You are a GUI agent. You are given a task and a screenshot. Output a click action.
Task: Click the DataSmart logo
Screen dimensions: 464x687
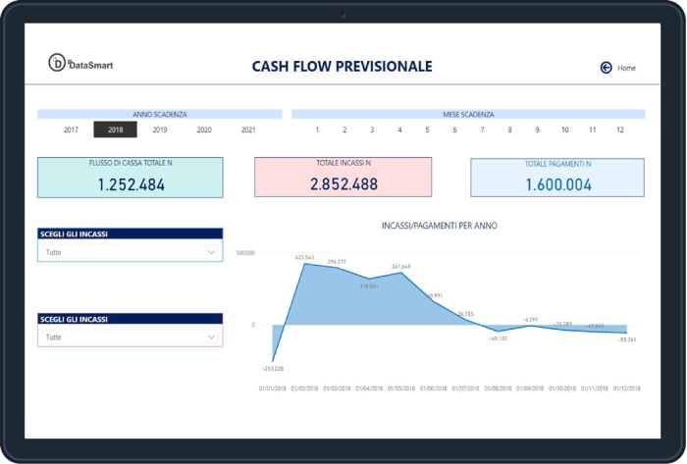[x=80, y=65]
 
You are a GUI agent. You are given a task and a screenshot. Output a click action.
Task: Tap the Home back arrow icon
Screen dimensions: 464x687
[x=606, y=68]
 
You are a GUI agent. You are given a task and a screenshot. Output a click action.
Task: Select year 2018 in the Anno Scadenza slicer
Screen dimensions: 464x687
[x=116, y=129]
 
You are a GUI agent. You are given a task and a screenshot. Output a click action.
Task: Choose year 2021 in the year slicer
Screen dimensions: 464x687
[x=248, y=129]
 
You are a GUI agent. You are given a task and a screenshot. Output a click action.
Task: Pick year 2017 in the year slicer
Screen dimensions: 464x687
[x=72, y=129]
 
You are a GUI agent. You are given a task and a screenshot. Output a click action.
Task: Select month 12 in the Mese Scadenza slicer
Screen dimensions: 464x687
[x=620, y=129]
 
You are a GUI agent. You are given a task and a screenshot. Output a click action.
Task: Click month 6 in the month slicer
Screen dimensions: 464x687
[x=454, y=129]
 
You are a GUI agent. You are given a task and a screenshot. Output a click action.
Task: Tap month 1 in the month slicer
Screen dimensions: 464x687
[x=317, y=129]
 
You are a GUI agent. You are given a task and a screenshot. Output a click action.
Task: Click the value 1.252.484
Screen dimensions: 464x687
[x=132, y=183]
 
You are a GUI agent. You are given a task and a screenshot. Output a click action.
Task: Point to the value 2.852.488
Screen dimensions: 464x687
[x=343, y=183]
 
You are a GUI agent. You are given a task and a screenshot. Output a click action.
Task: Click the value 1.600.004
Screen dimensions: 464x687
[x=558, y=183]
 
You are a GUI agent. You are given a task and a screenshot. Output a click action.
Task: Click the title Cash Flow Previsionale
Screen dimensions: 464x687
[x=342, y=67]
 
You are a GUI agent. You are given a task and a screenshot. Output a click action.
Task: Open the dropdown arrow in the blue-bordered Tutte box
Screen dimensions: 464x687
[x=212, y=252]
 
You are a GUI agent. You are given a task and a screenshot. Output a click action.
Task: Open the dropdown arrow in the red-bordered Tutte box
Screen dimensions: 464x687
[x=212, y=337]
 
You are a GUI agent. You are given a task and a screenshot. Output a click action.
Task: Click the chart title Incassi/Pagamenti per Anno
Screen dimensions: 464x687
[x=439, y=226]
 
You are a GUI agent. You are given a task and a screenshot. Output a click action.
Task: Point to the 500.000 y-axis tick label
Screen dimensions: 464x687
[x=245, y=252]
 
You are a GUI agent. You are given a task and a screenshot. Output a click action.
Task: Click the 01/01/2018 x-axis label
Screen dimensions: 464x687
[x=273, y=388]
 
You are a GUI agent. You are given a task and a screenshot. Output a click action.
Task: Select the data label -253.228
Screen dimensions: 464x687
[x=272, y=369]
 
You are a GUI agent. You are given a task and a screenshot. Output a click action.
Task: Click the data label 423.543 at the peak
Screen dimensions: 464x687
[x=304, y=257]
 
